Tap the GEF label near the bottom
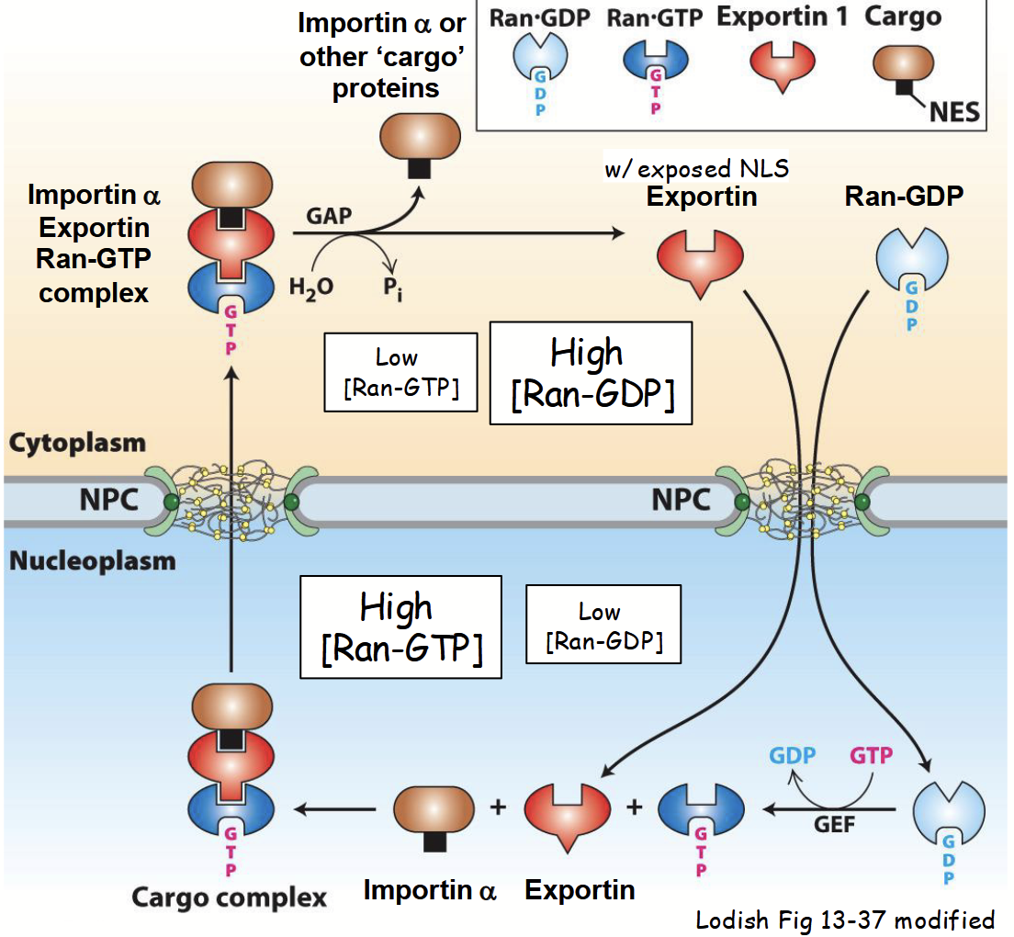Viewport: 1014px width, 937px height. tap(834, 823)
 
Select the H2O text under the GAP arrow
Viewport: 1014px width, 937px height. tap(310, 286)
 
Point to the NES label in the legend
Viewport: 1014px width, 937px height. tap(955, 112)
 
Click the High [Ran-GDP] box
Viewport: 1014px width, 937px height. tap(591, 373)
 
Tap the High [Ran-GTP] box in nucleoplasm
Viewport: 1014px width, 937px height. tap(401, 627)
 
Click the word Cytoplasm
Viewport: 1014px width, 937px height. tap(77, 443)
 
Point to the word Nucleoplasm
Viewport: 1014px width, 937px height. tap(92, 559)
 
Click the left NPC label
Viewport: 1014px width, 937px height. tap(107, 502)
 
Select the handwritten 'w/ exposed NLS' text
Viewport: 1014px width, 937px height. tap(697, 168)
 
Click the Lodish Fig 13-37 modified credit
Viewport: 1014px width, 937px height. tap(844, 919)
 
